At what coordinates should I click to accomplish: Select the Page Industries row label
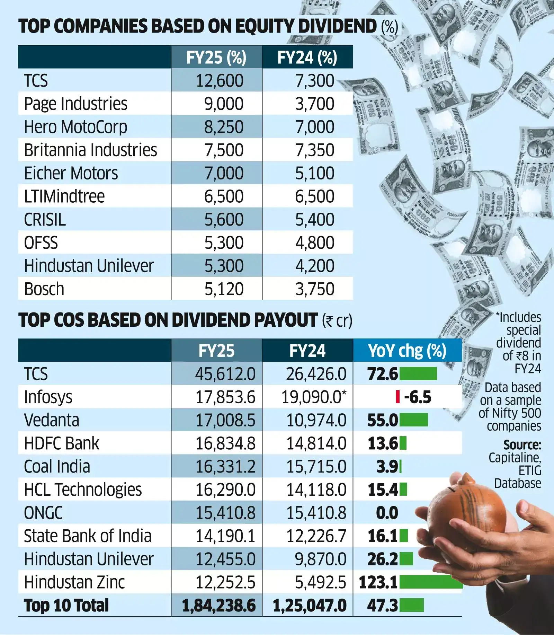tap(75, 104)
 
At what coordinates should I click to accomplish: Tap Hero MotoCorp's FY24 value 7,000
tap(314, 127)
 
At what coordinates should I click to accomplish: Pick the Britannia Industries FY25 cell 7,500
tap(224, 150)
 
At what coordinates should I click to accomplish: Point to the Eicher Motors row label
tap(71, 174)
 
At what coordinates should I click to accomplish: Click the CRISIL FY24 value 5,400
tap(314, 220)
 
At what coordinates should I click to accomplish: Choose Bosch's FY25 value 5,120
tap(224, 289)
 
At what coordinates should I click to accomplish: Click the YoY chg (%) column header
tap(407, 351)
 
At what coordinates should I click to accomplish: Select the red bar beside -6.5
tap(398, 397)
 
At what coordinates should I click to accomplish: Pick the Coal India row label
tap(57, 467)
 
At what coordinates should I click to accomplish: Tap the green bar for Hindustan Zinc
tap(431, 582)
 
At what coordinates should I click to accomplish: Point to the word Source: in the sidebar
tap(522, 445)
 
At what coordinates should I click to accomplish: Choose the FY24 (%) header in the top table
tap(307, 58)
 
